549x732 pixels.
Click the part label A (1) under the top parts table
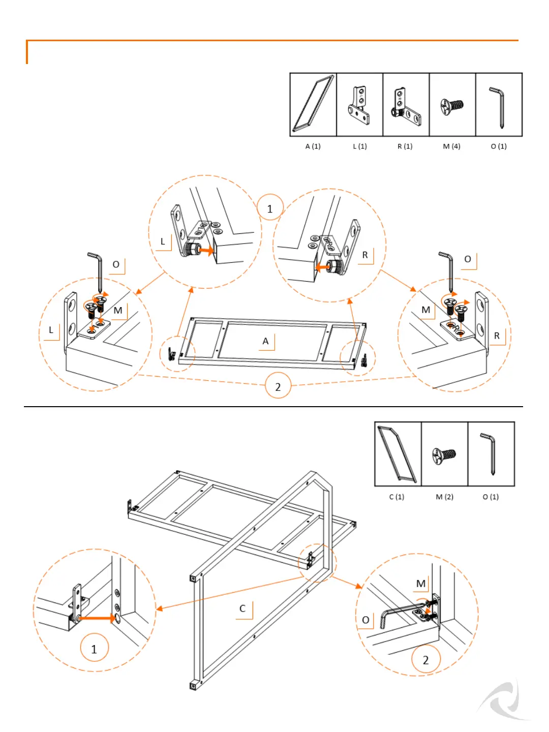click(x=313, y=146)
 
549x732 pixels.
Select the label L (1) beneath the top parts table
click(x=359, y=146)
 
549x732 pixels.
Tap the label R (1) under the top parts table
click(x=405, y=146)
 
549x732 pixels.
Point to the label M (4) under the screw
click(x=451, y=146)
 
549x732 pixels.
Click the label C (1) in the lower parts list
click(x=396, y=497)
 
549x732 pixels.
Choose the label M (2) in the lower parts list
click(x=444, y=497)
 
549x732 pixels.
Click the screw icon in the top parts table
click(x=452, y=106)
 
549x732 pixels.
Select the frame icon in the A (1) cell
click(x=313, y=104)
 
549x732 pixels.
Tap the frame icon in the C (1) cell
click(x=397, y=453)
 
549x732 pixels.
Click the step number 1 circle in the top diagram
click(x=270, y=208)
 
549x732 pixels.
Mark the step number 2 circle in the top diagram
click(x=278, y=387)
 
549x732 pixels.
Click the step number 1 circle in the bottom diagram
click(x=94, y=649)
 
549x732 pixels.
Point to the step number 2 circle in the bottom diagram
click(x=425, y=660)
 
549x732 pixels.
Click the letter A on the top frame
click(x=265, y=341)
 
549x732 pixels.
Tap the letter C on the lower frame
click(x=242, y=608)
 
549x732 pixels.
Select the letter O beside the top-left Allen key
click(x=116, y=264)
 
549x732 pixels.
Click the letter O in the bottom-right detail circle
click(x=365, y=620)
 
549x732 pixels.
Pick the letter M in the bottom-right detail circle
click(x=421, y=584)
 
